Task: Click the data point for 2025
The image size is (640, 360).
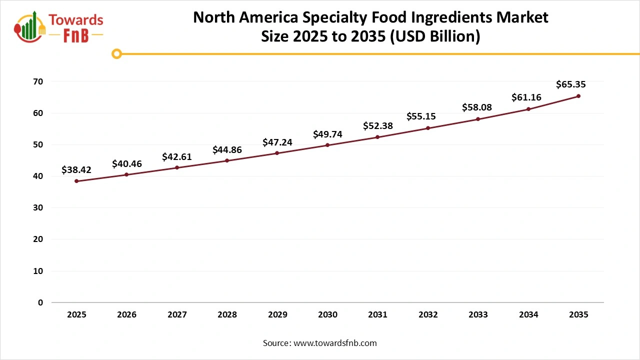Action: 76,181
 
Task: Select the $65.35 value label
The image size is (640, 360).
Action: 570,84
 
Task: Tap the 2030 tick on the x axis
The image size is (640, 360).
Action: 327,314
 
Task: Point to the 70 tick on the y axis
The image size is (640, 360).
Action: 38,81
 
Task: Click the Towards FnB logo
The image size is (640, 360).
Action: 59,27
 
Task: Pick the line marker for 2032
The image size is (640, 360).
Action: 428,128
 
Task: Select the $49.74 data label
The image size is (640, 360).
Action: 327,133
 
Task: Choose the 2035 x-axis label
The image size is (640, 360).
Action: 578,314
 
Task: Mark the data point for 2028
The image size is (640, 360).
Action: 227,160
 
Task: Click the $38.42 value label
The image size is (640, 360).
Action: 76,169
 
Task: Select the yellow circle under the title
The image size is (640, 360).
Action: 116,53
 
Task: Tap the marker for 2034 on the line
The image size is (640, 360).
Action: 528,109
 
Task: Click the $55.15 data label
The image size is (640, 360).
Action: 420,116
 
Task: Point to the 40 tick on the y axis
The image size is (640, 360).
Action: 38,176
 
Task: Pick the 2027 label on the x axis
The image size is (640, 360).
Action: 177,314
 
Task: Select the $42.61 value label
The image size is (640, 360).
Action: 177,157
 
